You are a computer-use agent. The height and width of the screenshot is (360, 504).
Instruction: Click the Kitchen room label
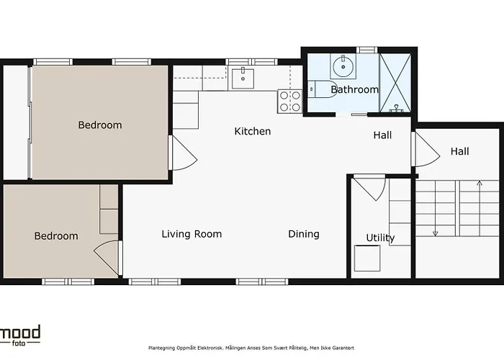[253, 131]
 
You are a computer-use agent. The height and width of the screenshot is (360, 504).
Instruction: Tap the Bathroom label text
[354, 89]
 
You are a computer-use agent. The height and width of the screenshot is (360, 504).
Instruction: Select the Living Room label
[192, 234]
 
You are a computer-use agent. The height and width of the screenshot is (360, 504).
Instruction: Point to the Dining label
[304, 234]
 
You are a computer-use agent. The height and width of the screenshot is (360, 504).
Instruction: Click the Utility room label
[380, 238]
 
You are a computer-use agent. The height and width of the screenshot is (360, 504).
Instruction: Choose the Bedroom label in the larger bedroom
[100, 125]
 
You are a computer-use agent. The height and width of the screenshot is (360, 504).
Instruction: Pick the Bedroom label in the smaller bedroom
[56, 235]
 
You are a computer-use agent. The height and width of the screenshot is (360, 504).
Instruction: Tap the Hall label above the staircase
[460, 151]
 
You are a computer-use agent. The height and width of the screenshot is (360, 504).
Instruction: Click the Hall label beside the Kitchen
[382, 135]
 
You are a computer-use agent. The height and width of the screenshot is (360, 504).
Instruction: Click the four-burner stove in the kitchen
[289, 101]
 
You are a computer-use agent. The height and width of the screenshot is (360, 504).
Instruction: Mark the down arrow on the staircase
[436, 232]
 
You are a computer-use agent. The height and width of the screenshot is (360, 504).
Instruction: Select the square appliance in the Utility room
[367, 258]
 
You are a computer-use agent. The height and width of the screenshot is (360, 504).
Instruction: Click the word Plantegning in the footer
[163, 346]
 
